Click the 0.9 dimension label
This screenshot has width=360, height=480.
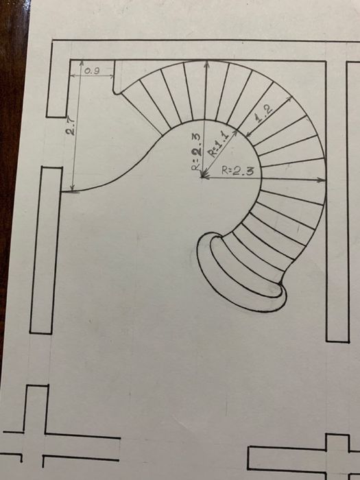pyautogui.click(x=92, y=71)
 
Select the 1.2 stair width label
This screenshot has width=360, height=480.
pyautogui.click(x=263, y=114)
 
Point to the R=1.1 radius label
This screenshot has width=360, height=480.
pyautogui.click(x=219, y=143)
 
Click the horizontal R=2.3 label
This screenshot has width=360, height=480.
pyautogui.click(x=238, y=171)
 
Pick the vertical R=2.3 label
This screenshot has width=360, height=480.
pyautogui.click(x=196, y=152)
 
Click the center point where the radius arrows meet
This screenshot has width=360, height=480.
pyautogui.click(x=202, y=177)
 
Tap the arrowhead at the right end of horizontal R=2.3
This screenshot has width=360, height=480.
pyautogui.click(x=322, y=180)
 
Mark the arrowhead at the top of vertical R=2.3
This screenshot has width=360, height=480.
pyautogui.click(x=207, y=64)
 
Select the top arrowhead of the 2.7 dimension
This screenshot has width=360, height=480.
pyautogui.click(x=82, y=64)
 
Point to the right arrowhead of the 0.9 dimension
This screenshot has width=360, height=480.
pyautogui.click(x=111, y=75)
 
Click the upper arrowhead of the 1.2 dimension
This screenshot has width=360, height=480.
pyautogui.click(x=289, y=99)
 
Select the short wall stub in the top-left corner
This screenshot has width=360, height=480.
pyautogui.click(x=58, y=80)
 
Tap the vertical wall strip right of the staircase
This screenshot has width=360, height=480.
pyautogui.click(x=337, y=202)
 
